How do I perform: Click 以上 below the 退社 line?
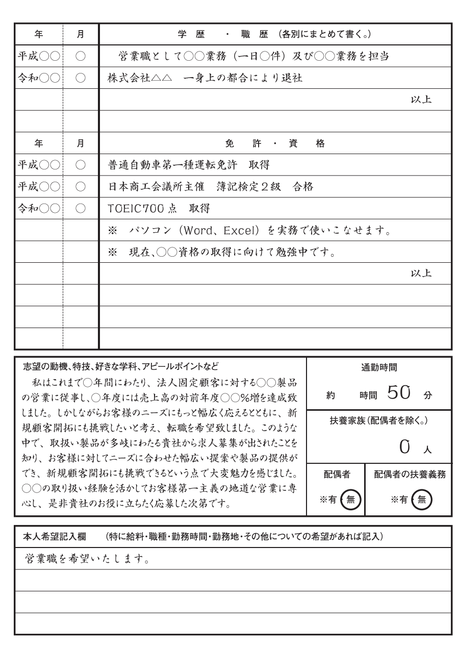tap(421, 99)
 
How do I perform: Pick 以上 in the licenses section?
tap(421, 273)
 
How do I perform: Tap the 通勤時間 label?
tap(379, 366)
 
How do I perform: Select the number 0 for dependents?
tap(404, 447)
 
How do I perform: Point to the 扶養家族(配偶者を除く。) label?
tap(379, 421)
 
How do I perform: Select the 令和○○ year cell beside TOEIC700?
tap(39, 209)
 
